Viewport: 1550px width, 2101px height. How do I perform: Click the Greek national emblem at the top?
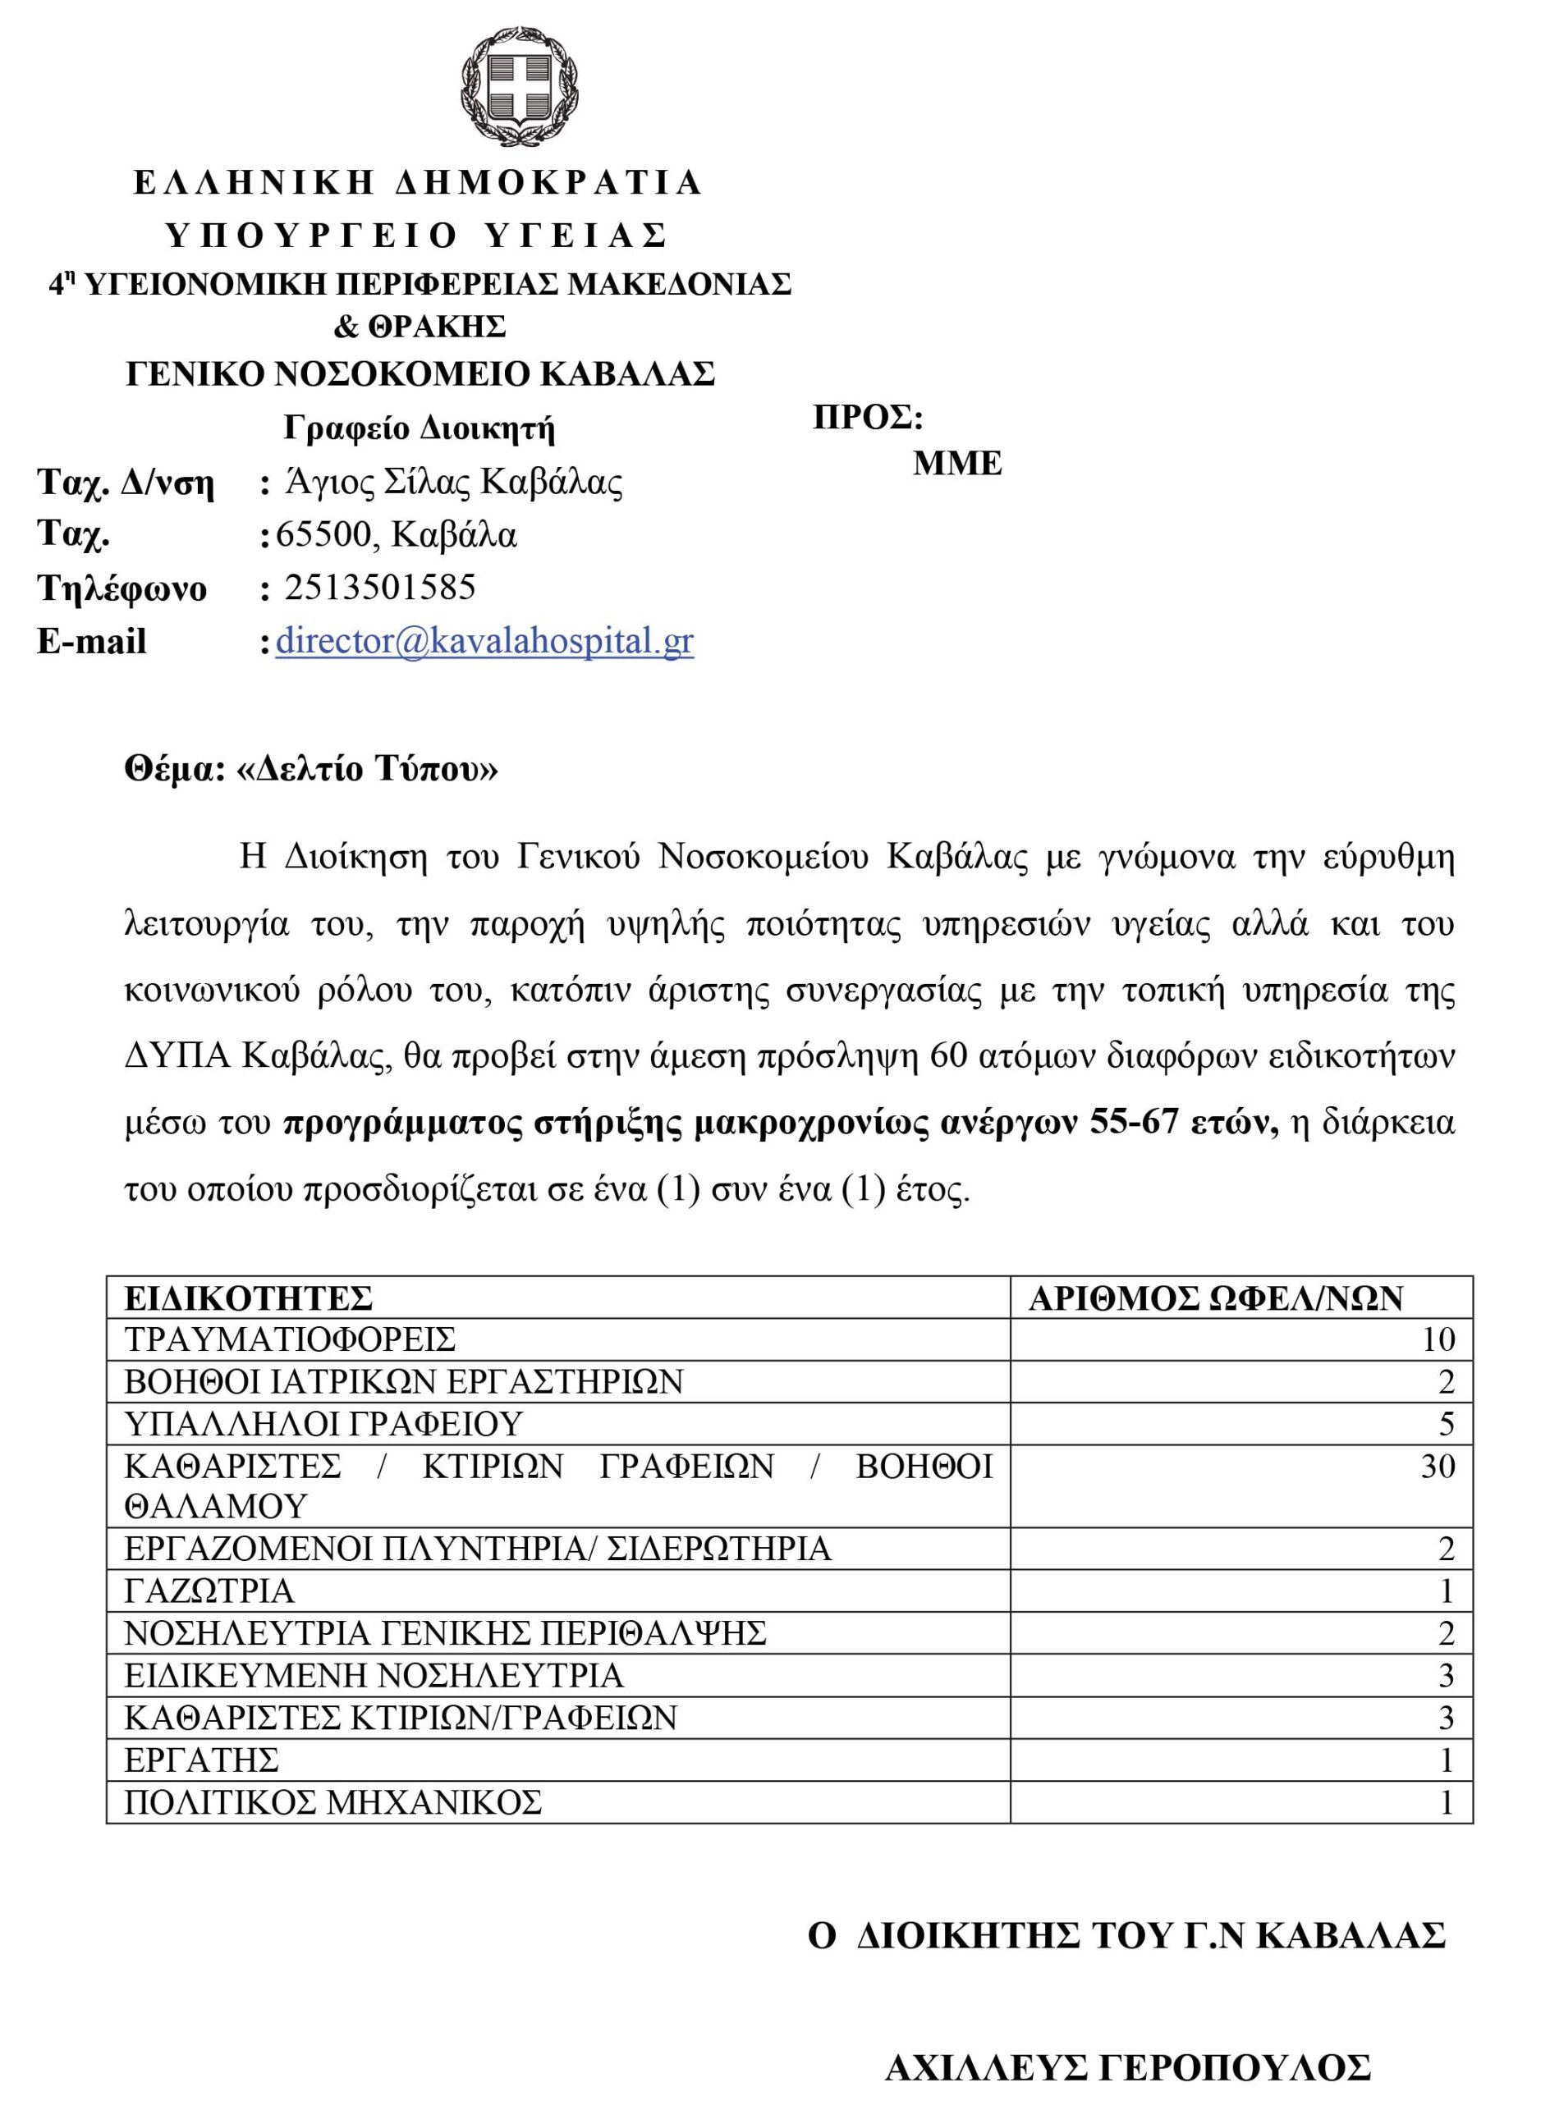tap(519, 86)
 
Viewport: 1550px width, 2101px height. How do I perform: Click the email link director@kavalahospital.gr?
tap(484, 642)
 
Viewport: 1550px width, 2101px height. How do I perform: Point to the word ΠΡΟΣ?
tap(868, 418)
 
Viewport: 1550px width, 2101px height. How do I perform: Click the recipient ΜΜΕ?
tap(957, 464)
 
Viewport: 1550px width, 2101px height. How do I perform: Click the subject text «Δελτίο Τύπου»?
tap(368, 769)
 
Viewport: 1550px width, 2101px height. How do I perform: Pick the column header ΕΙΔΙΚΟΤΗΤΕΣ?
tap(249, 1298)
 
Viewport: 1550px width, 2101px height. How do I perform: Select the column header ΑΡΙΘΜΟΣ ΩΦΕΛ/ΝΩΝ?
tap(1215, 1298)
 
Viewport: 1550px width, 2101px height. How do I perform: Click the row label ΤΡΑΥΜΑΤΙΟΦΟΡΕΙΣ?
tap(290, 1339)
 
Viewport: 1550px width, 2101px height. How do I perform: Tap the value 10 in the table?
tap(1438, 1339)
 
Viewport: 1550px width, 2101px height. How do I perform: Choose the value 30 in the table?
tap(1438, 1466)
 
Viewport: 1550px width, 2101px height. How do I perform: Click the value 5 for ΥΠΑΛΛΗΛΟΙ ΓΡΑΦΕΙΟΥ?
tap(1446, 1424)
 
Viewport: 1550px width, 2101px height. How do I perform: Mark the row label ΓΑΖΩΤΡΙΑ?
tap(209, 1591)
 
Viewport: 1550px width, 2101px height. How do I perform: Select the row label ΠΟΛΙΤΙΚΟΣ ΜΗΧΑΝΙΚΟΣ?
tap(333, 1801)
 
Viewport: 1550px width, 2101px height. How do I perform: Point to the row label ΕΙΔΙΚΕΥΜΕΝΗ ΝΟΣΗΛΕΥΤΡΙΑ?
tap(374, 1675)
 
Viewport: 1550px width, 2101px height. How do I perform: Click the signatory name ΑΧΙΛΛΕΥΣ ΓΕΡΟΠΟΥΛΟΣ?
tap(1128, 2067)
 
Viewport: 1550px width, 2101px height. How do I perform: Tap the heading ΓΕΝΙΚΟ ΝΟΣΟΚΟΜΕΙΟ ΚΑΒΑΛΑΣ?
tap(420, 374)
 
